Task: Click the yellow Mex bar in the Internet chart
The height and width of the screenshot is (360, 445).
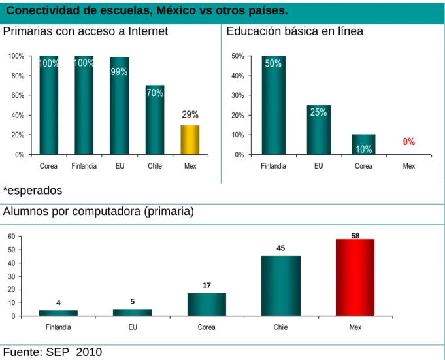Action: (190, 140)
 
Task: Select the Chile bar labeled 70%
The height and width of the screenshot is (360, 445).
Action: (155, 120)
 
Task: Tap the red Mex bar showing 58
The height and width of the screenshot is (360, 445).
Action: (355, 278)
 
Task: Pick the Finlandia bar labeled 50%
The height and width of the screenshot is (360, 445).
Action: (274, 105)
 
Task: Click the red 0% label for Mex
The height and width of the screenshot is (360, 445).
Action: (409, 142)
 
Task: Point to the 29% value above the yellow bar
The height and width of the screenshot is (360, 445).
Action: (190, 114)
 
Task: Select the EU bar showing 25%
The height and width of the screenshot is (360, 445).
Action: (319, 130)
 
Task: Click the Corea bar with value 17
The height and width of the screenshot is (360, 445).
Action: (206, 304)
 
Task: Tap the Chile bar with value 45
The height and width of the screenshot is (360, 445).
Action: (281, 286)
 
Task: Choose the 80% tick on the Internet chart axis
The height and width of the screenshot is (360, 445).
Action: (18, 76)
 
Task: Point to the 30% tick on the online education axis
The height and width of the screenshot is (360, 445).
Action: (238, 95)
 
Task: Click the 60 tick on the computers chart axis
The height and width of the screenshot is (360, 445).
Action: (11, 237)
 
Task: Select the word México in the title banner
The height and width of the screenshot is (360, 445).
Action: (176, 10)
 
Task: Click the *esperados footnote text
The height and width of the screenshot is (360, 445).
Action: (33, 191)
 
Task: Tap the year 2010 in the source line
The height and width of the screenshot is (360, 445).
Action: (89, 352)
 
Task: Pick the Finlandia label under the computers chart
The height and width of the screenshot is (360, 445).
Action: (58, 327)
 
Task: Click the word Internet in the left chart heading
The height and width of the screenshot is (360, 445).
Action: (148, 31)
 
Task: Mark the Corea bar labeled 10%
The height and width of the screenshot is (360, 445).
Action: (363, 144)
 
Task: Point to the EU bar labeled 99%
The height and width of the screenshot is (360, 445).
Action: (120, 106)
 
